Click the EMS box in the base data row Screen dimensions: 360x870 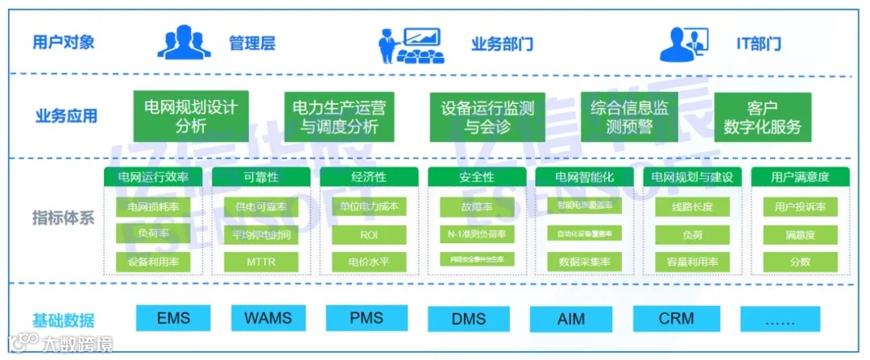[173, 318]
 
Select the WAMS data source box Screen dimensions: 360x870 [268, 318]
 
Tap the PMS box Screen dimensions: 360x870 [367, 318]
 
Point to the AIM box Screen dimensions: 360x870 [571, 319]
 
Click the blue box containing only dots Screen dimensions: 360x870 [779, 319]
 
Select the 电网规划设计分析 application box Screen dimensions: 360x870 [191, 116]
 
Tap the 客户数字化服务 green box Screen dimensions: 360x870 [762, 117]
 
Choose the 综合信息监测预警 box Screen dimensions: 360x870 [629, 117]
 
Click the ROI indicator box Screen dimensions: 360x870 [369, 234]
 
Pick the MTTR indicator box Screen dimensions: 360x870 [261, 262]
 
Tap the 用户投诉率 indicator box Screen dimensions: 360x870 [800, 207]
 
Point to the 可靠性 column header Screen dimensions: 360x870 [261, 177]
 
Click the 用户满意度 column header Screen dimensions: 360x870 [800, 177]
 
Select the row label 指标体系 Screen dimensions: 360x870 [64, 217]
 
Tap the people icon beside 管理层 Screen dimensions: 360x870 [184, 43]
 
